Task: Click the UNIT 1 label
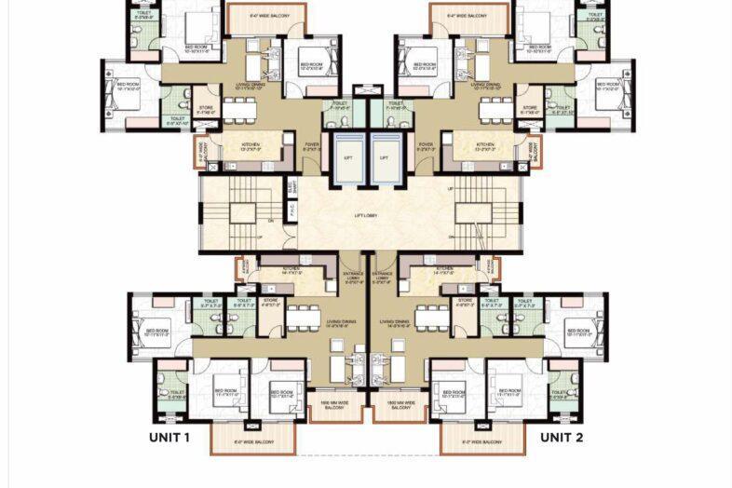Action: [x=169, y=437]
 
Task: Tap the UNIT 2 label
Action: [x=562, y=437]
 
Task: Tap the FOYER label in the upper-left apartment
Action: [x=312, y=145]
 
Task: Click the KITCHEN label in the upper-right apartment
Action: [x=484, y=145]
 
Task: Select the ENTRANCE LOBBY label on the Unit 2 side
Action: [x=382, y=277]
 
